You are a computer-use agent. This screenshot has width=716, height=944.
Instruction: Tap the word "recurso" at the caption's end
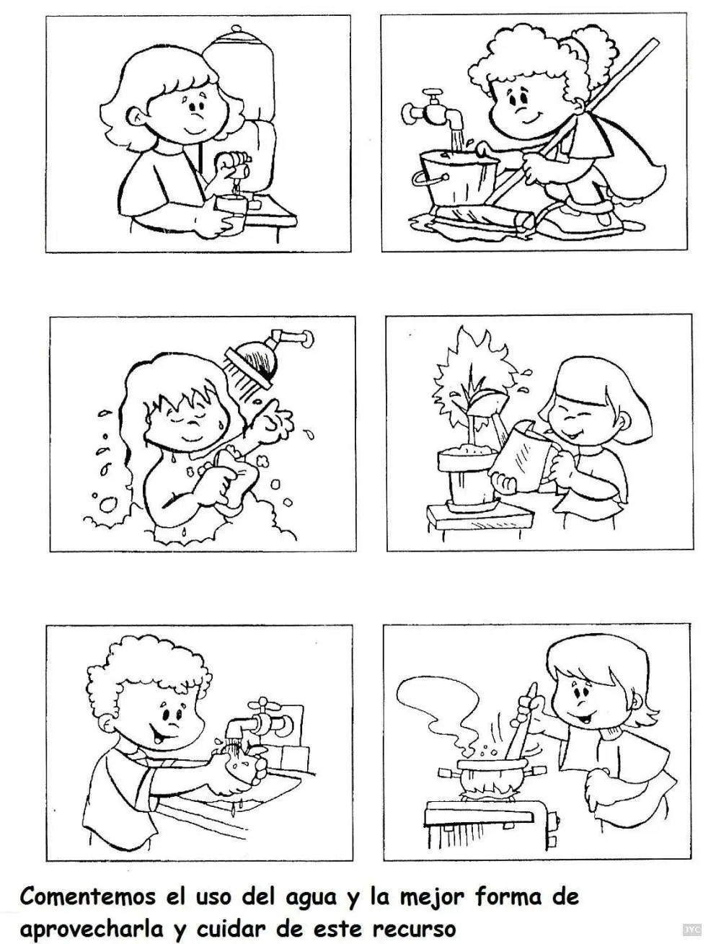click(x=414, y=926)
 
